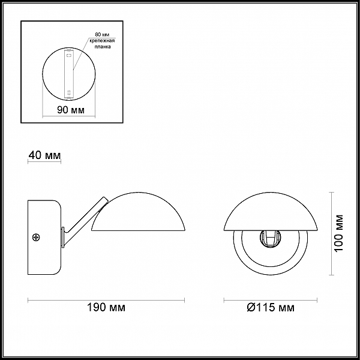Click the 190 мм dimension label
click(106, 307)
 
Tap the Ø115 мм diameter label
click(271, 307)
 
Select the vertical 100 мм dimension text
click(338, 233)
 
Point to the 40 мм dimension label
click(44, 155)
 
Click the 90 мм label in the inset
click(71, 110)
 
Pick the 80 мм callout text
click(102, 35)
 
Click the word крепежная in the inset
click(102, 41)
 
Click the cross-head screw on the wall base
click(36, 237)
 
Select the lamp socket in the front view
click(271, 239)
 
